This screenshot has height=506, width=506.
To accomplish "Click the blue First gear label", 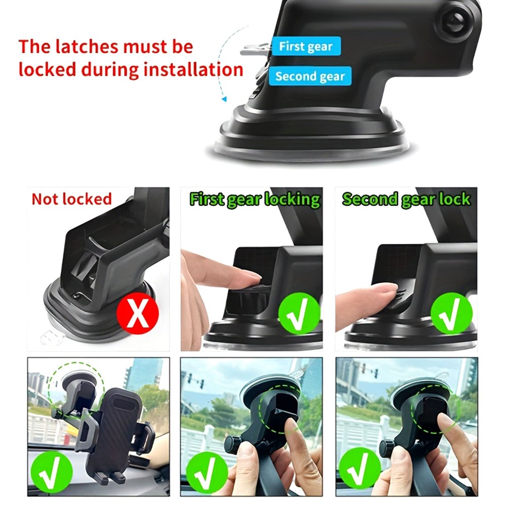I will click(306, 47).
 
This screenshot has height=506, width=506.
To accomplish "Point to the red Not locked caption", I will click(71, 199).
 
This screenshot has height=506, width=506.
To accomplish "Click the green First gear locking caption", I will click(255, 199).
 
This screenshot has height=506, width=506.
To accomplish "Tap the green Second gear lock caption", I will click(406, 199).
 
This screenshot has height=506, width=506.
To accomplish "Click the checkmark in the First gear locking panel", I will click(299, 313).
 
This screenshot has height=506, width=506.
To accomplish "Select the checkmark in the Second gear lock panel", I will click(451, 313).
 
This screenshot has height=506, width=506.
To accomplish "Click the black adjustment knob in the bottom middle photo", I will click(232, 444).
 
